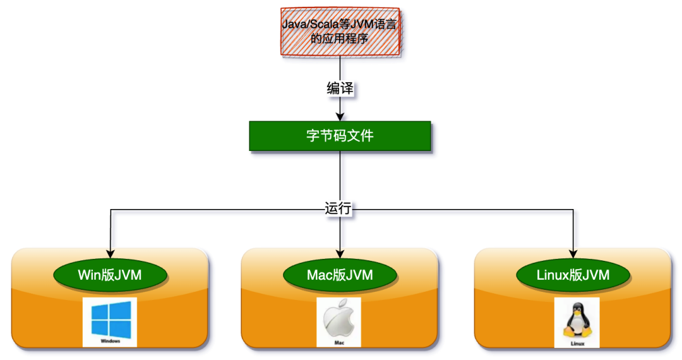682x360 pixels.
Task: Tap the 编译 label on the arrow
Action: [340, 89]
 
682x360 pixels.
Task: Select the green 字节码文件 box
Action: [340, 136]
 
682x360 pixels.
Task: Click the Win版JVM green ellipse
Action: [110, 275]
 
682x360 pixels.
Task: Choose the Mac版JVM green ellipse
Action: [340, 275]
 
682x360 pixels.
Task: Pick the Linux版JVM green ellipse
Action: [573, 275]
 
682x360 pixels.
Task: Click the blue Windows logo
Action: [111, 319]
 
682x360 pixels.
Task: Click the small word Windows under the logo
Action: [111, 341]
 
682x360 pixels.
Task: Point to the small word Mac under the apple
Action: [339, 342]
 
